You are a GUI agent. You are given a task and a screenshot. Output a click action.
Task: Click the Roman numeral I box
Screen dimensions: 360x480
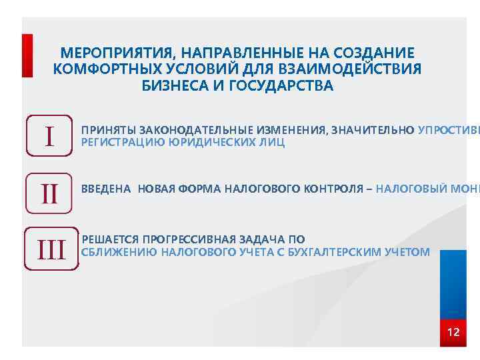pos(49,136)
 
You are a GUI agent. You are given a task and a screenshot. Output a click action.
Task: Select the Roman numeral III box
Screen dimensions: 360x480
pos(51,250)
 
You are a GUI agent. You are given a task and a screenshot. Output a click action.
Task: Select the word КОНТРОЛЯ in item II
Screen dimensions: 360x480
pos(330,189)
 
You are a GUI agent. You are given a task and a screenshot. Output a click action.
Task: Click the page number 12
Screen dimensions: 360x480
pos(453,332)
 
